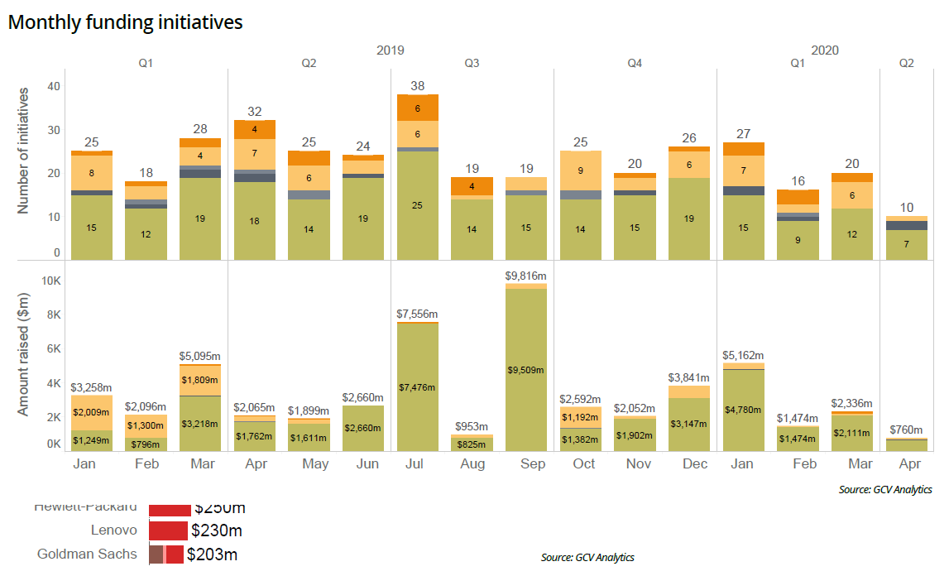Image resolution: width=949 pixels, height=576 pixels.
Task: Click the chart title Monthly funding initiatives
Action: click(x=125, y=22)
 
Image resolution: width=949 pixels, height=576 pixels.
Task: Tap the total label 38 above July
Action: click(x=417, y=85)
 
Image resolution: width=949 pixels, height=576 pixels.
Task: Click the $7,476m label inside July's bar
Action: click(x=417, y=387)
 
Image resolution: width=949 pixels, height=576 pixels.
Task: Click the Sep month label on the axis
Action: click(x=532, y=464)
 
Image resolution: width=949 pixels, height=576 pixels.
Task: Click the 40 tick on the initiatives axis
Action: click(x=54, y=86)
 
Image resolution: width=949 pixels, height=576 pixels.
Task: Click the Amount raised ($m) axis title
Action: click(x=23, y=358)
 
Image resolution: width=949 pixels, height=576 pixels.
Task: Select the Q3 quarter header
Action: click(x=472, y=63)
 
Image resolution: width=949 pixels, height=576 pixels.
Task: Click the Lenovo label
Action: click(x=114, y=530)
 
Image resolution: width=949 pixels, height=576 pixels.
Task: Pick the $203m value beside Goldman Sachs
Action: click(x=212, y=554)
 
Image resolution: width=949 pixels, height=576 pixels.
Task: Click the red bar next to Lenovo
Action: click(x=168, y=530)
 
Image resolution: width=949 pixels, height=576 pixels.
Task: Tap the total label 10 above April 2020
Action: click(x=906, y=207)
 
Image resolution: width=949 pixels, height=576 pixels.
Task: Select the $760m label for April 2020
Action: click(x=906, y=430)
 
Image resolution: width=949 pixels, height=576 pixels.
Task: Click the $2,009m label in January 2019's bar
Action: click(x=92, y=412)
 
